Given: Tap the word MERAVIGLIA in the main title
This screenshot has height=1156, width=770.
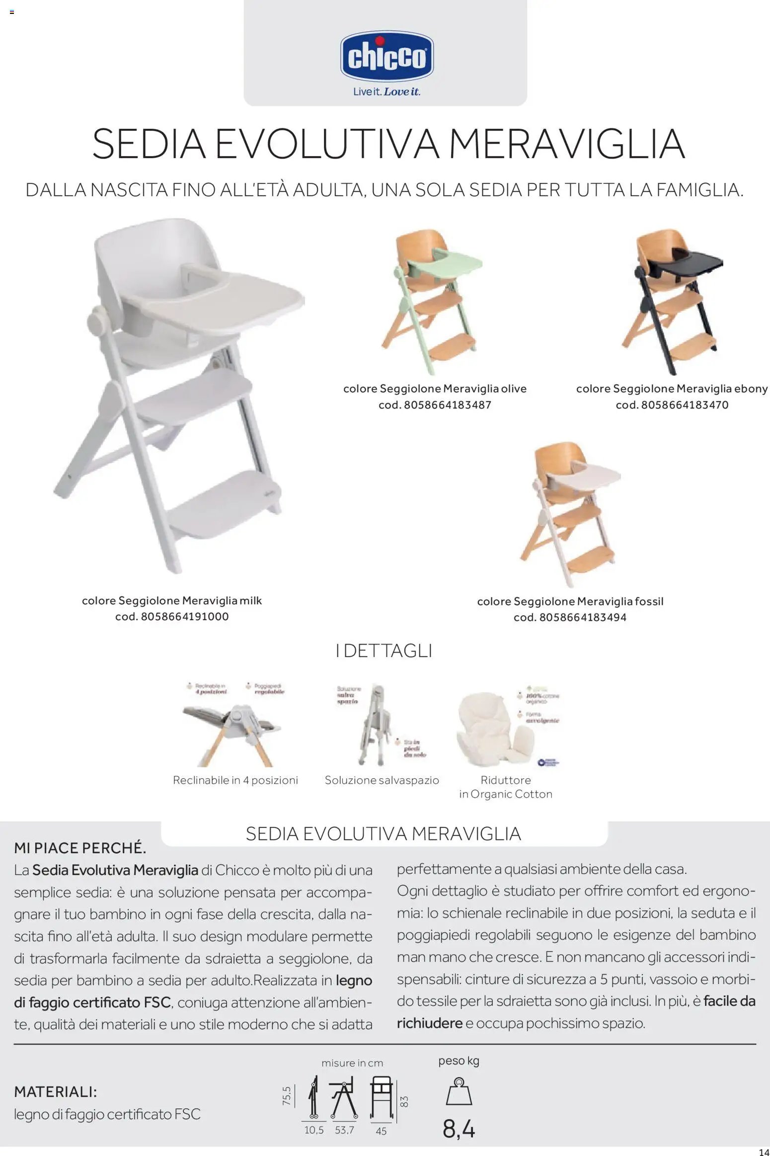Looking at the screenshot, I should [566, 144].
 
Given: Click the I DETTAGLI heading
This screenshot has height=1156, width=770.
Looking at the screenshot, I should [384, 651].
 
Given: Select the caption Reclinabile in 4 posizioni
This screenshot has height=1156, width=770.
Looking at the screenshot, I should [235, 780].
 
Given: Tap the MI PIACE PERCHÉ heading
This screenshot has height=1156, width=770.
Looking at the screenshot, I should [80, 848].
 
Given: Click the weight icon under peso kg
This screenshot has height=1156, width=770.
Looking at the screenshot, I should [459, 1092].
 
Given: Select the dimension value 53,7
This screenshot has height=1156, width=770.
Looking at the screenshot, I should [344, 1130].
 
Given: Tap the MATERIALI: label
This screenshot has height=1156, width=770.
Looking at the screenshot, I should [55, 1092].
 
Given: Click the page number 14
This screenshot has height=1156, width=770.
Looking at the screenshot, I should [764, 1152].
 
